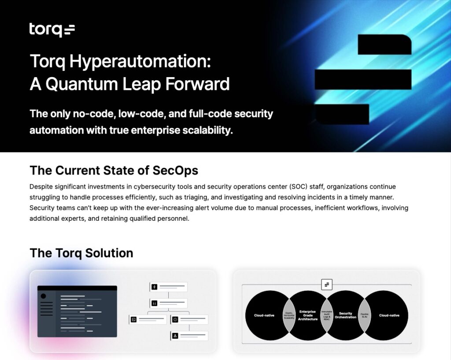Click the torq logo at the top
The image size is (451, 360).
point(52,30)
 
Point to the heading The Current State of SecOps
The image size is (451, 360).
point(114,170)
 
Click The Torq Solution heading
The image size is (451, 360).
point(81,253)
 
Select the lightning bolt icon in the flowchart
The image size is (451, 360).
point(154,287)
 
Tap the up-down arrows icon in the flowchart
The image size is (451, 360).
point(154,303)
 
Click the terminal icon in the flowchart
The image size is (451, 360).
point(133,319)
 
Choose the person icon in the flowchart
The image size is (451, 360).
point(175,336)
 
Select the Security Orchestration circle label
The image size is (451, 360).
point(345,315)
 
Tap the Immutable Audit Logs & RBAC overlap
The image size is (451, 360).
point(327,315)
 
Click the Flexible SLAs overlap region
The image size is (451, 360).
point(364,315)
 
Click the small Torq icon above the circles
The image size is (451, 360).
point(326,285)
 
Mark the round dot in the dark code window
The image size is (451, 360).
point(44,296)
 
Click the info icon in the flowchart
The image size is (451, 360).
point(175,319)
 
